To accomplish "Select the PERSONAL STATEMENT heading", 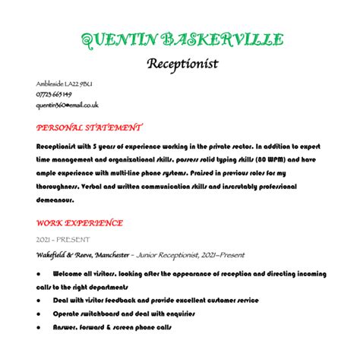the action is point(88,127).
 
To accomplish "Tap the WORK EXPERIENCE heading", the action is point(79,223).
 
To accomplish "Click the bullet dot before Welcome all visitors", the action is point(39,273).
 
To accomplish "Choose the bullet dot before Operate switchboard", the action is point(39,313).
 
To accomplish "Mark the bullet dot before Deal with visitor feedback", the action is point(39,301).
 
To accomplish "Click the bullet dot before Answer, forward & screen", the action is point(39,327).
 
